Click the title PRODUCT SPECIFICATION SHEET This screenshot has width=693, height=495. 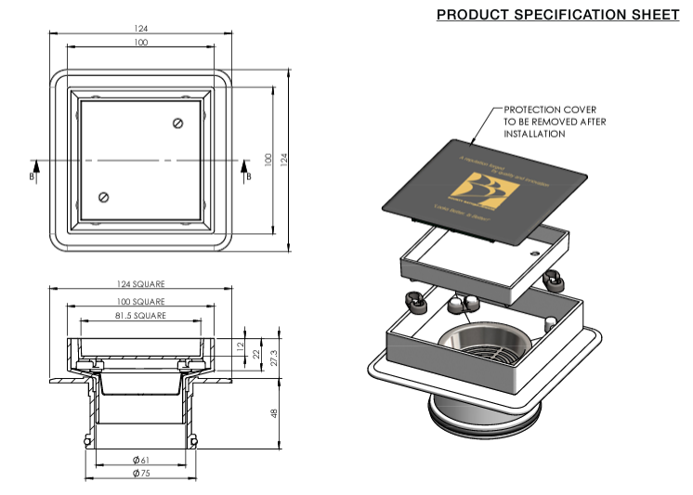point(557,15)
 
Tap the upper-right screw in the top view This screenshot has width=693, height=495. point(178,123)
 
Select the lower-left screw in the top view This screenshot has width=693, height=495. point(104,196)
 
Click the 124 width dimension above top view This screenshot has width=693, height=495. point(141,29)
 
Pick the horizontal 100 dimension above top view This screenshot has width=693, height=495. point(141,43)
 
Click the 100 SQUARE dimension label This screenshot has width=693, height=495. point(141,302)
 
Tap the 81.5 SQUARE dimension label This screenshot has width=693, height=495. point(141,317)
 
